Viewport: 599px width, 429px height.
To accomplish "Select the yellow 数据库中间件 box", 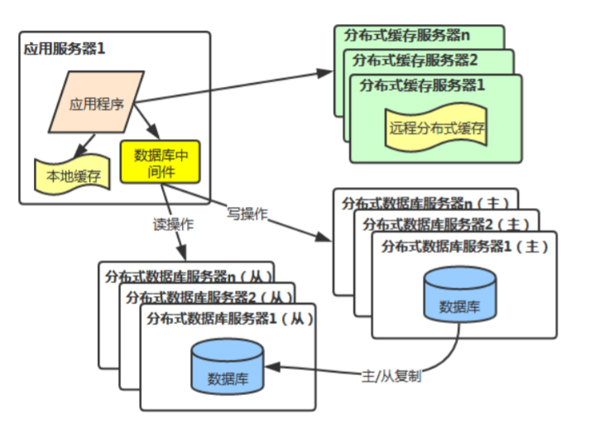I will point(160,161).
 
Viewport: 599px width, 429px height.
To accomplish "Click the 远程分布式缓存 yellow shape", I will point(436,128).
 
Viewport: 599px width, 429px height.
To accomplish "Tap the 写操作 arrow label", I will point(247,213).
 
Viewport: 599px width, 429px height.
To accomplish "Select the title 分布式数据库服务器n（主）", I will point(425,201).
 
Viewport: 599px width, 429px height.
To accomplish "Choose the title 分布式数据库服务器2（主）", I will point(445,224).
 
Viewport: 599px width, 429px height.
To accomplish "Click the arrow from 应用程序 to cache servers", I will point(232,87).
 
